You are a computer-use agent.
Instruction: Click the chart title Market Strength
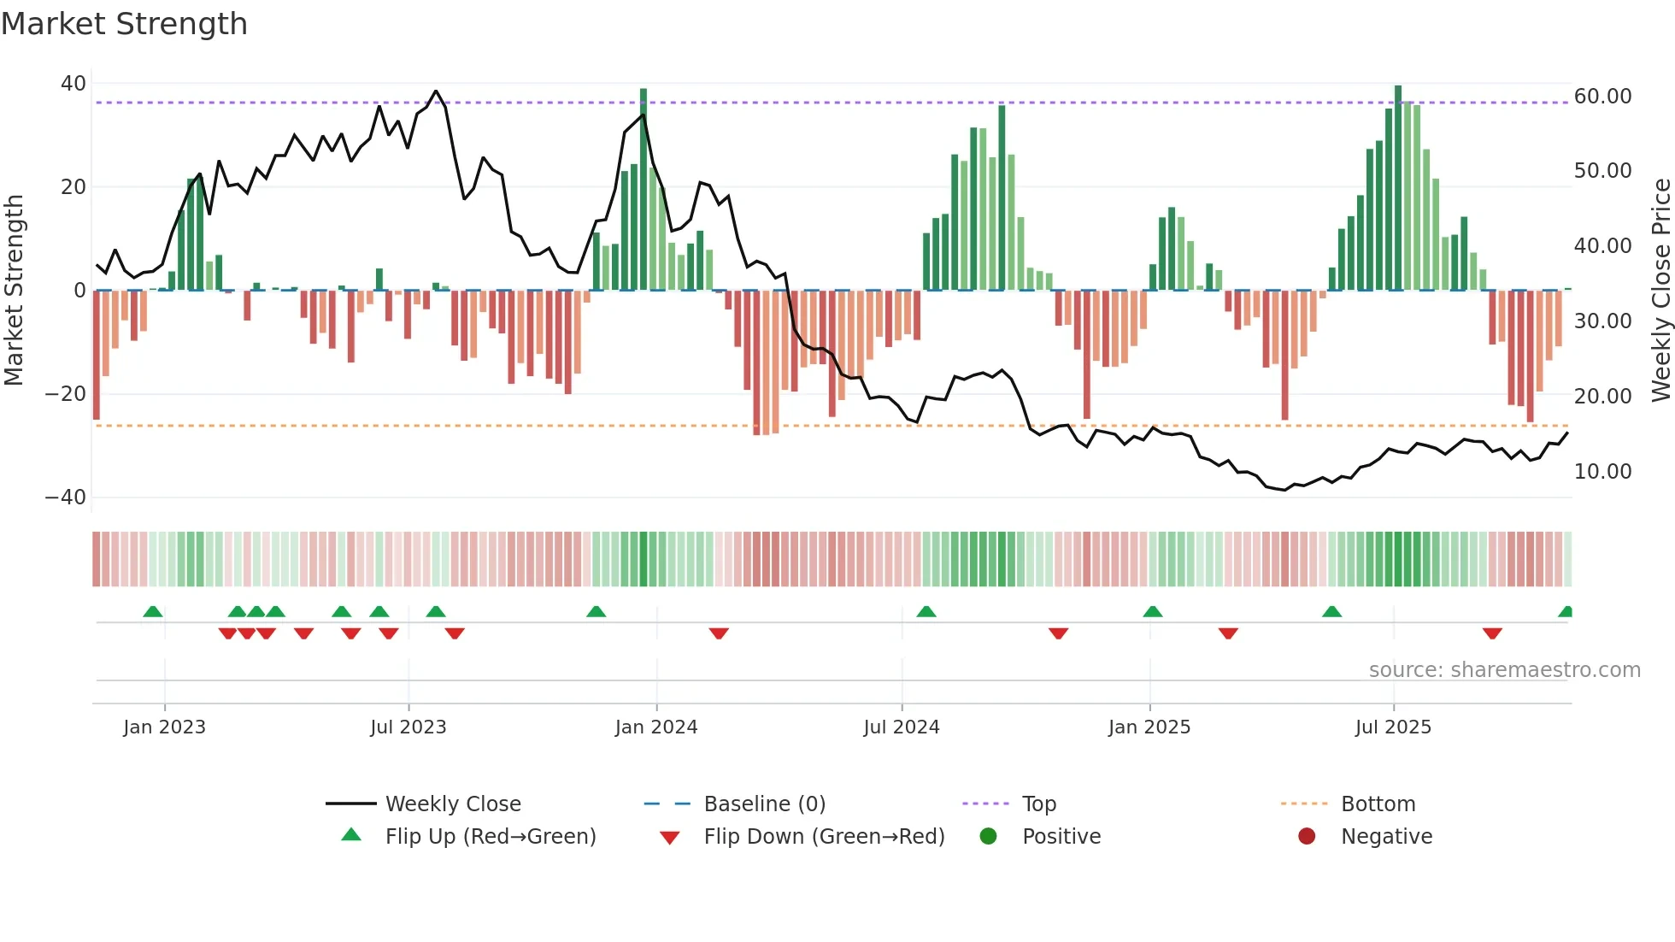(x=124, y=24)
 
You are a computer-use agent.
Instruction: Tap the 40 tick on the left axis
(x=73, y=84)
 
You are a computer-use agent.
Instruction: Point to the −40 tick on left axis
(x=66, y=497)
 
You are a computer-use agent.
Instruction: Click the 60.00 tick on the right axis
(x=1602, y=97)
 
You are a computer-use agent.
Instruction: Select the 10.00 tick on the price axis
(x=1602, y=471)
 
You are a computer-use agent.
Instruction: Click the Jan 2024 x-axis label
(x=656, y=727)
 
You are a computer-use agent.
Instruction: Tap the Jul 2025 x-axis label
(x=1393, y=727)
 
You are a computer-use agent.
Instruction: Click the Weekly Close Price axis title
(x=1660, y=290)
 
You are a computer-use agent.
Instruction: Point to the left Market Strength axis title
(x=14, y=290)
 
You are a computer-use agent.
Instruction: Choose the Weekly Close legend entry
(x=452, y=804)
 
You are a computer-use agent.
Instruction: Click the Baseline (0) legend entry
(x=764, y=804)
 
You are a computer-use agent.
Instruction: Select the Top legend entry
(x=1038, y=804)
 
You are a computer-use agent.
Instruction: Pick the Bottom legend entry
(x=1378, y=804)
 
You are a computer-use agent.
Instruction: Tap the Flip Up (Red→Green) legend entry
(x=490, y=836)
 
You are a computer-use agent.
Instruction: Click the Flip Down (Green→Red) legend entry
(x=824, y=836)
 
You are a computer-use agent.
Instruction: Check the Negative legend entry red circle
(x=1307, y=836)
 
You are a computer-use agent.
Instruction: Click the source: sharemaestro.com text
(x=1504, y=669)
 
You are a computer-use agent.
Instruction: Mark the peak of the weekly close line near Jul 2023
(x=436, y=91)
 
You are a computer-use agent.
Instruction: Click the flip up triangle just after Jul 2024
(x=926, y=611)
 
